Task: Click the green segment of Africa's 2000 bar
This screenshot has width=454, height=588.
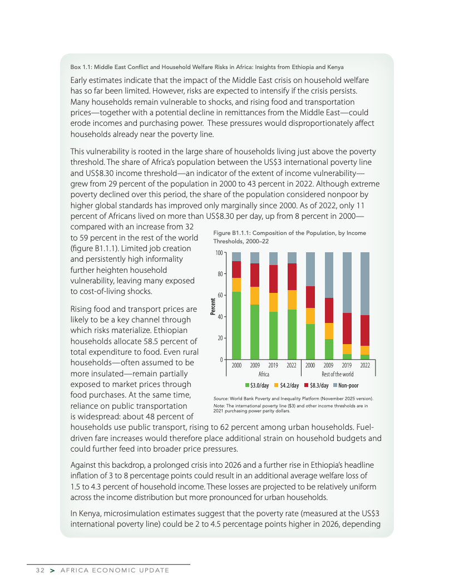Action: point(236,325)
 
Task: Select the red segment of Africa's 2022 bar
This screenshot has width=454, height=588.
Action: point(292,277)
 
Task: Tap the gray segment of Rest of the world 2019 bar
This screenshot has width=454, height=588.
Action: point(347,282)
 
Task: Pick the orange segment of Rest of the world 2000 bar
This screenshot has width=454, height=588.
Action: point(310,316)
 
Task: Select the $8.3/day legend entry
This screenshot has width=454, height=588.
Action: point(316,385)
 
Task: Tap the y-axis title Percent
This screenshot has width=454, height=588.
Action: point(213,306)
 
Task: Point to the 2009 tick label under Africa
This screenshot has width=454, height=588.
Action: point(255,365)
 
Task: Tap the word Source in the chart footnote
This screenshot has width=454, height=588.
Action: point(222,399)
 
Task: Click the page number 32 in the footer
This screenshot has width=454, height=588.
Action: point(38,570)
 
